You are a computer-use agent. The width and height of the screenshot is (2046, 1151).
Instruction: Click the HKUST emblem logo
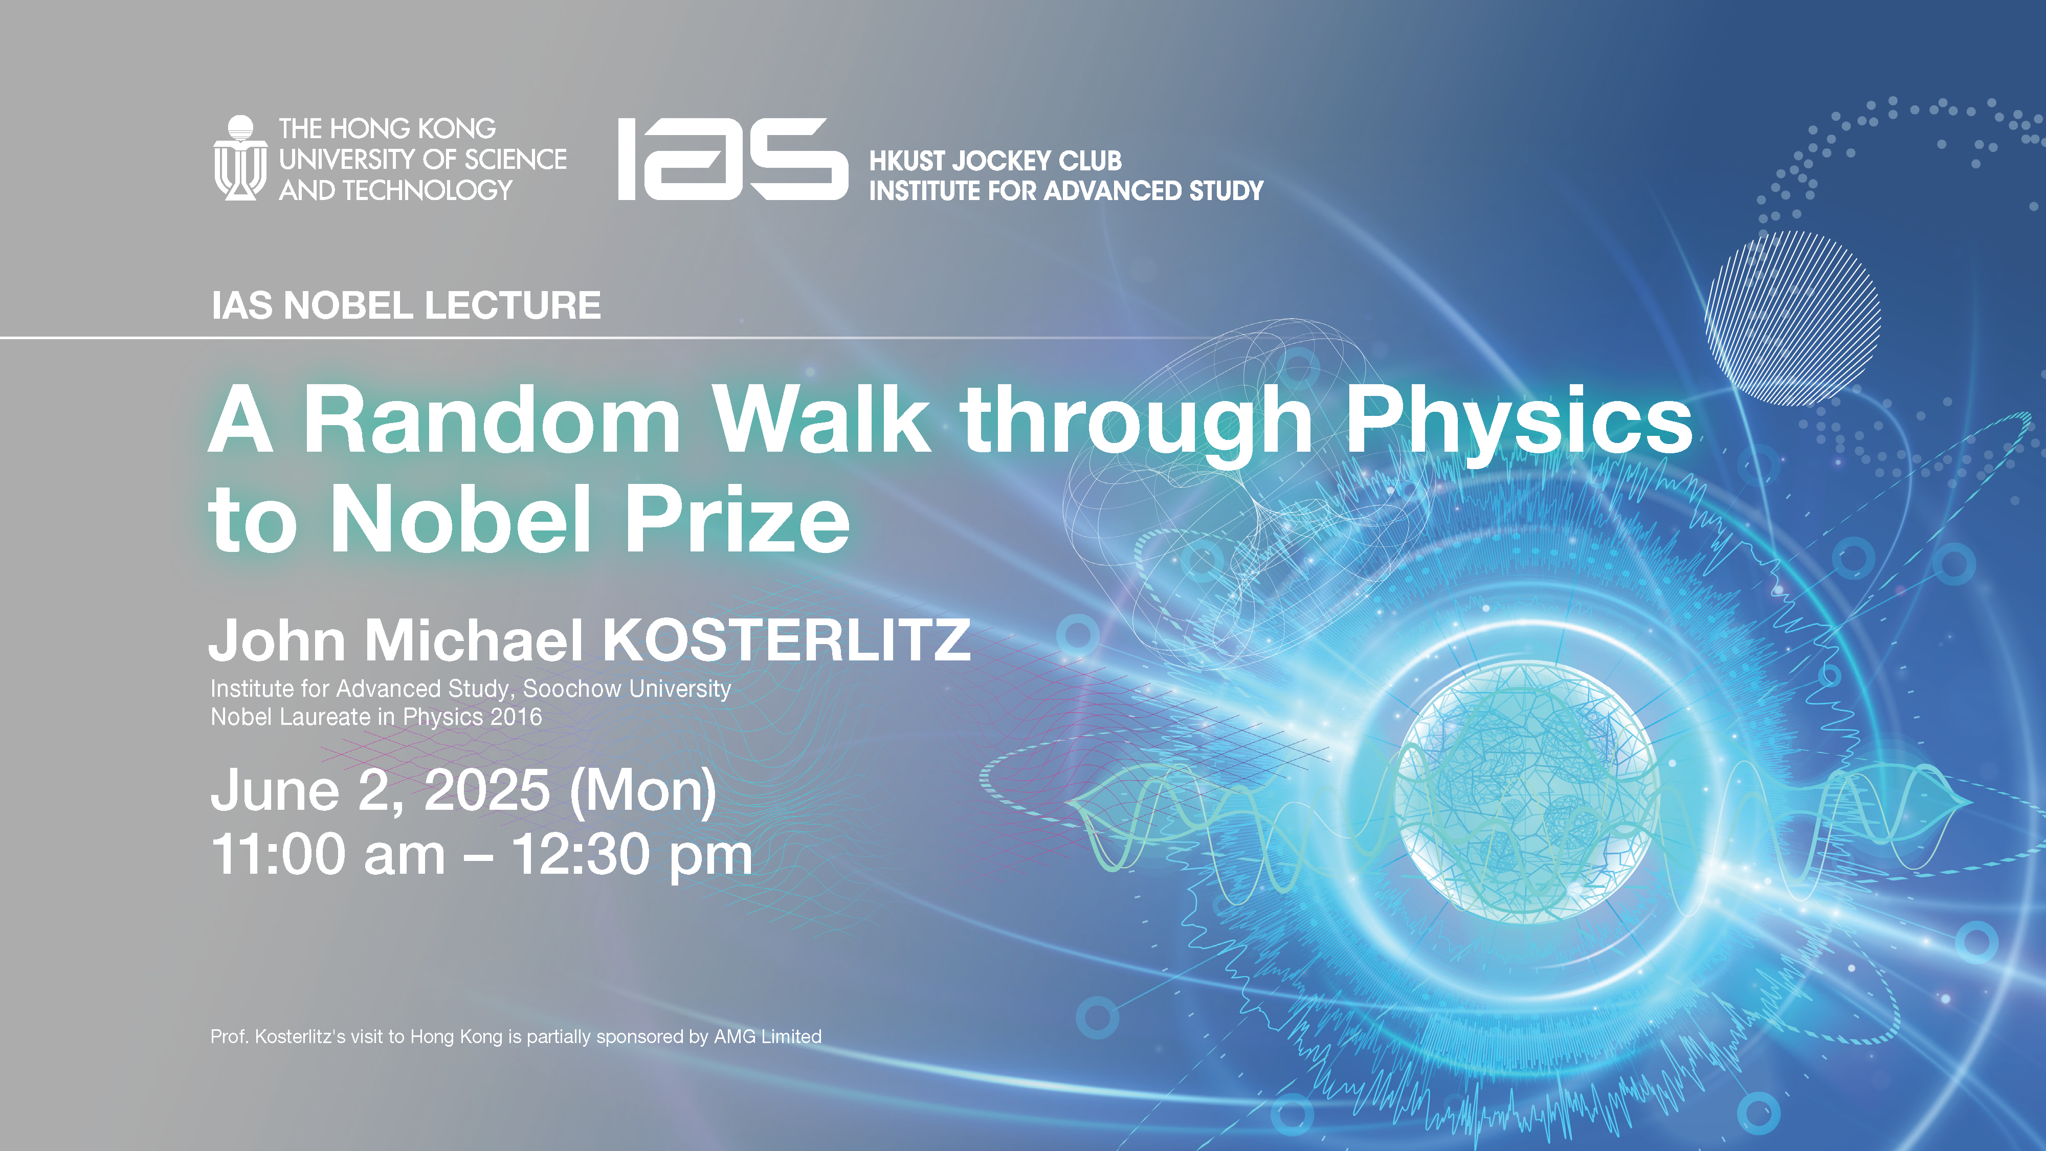pos(240,158)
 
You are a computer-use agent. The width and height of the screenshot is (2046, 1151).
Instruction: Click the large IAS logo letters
pos(733,159)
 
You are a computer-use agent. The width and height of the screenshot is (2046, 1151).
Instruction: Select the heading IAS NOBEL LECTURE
pos(406,306)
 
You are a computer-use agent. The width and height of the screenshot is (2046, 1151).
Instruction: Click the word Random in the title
pos(492,419)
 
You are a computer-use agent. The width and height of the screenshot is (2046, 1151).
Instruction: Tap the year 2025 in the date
pos(487,790)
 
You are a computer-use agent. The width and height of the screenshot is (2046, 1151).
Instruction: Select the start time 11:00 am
pos(328,855)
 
